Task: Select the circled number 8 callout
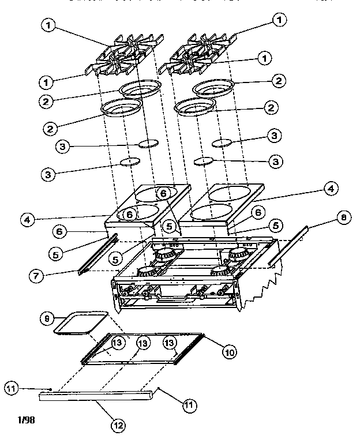tap(344, 218)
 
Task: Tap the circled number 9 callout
tap(48, 318)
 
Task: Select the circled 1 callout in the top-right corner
tap(280, 20)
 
